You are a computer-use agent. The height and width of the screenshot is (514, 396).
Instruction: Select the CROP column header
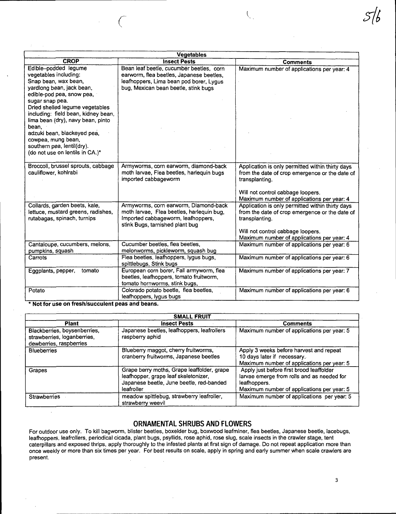71,61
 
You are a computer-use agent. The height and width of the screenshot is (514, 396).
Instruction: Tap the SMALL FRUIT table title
192,317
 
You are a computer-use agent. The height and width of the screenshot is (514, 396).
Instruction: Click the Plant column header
72,323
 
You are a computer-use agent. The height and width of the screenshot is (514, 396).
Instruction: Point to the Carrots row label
38,258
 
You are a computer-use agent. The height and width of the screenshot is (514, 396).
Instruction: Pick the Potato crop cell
37,291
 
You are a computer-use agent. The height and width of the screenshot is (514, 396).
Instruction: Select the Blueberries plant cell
43,351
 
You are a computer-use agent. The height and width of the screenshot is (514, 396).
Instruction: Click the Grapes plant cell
38,370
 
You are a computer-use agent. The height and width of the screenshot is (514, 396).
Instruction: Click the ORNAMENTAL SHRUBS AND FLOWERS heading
192,424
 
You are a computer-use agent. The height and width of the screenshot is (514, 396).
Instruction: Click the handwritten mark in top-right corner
372,16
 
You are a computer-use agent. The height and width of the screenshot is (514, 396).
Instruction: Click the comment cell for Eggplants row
294,271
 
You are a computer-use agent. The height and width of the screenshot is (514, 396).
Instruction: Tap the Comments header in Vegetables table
297,62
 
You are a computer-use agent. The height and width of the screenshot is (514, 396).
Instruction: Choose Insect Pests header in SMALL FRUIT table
177,323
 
